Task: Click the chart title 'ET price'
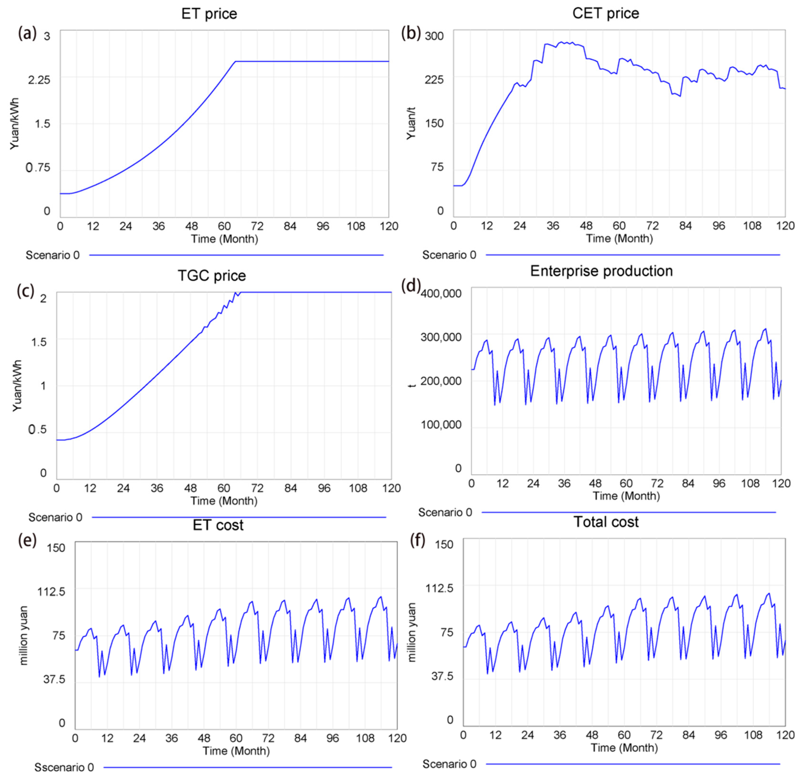[209, 14]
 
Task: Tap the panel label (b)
[411, 33]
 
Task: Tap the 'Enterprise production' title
[601, 271]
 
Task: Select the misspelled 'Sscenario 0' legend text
[64, 767]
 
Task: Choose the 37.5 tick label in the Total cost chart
[442, 676]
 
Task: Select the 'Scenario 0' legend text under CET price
[449, 255]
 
